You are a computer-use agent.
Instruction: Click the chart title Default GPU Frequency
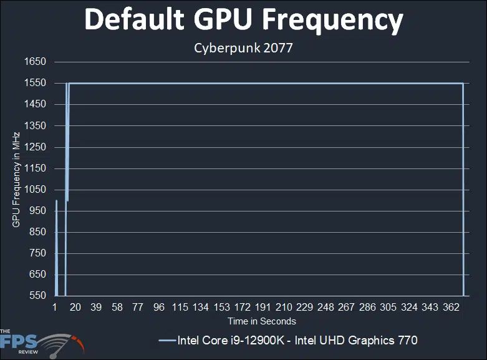coord(243,21)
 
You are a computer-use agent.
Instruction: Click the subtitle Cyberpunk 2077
coord(243,48)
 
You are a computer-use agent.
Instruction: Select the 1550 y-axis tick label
coord(35,83)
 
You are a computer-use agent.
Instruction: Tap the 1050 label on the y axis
coord(35,190)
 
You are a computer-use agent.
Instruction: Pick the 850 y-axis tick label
coord(37,232)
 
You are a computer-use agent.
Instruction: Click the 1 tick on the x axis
coord(55,308)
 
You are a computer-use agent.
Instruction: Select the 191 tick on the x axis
coord(263,308)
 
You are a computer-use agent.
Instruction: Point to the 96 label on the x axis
coord(159,308)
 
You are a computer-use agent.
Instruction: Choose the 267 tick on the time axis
coord(346,308)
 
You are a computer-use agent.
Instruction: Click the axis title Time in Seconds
coord(262,321)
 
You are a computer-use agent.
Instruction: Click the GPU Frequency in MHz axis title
coord(16,179)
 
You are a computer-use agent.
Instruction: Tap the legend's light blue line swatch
coord(166,341)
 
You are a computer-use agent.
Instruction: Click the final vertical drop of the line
coord(463,187)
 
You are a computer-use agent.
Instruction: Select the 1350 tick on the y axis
coord(35,125)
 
